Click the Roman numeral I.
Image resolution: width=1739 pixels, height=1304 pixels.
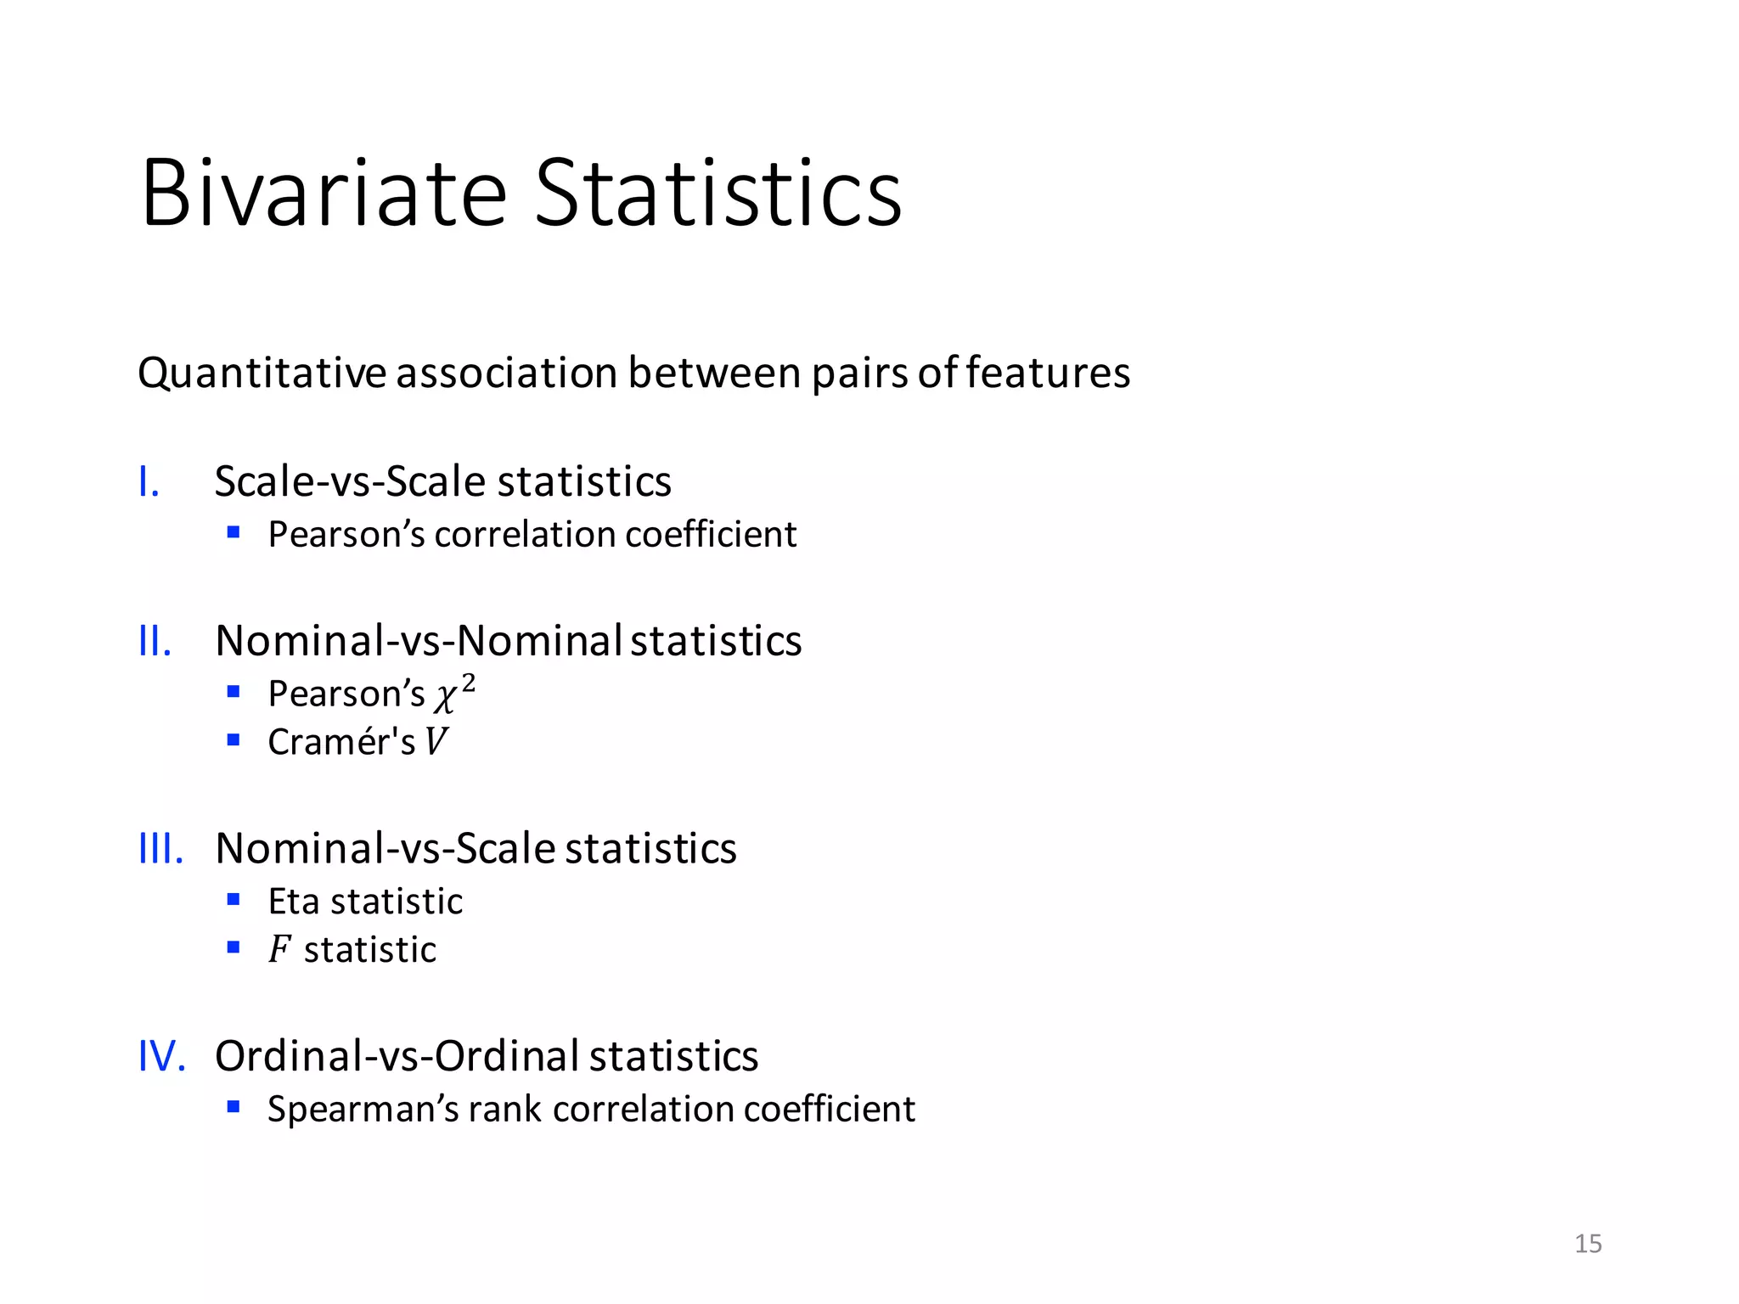click(x=149, y=482)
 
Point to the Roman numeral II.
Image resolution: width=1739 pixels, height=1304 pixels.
click(x=155, y=641)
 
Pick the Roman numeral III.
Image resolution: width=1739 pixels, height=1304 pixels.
click(x=160, y=849)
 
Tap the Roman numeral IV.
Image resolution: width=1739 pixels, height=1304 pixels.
click(x=161, y=1057)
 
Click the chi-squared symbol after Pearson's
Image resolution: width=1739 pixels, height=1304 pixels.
click(x=453, y=694)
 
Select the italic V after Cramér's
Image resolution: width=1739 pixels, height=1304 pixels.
click(x=436, y=742)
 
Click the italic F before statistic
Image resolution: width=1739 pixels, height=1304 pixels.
click(x=279, y=950)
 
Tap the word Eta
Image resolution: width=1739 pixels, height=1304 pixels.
click(x=294, y=902)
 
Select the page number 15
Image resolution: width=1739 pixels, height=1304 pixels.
click(x=1588, y=1244)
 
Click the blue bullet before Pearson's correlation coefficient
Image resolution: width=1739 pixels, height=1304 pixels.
click(x=234, y=533)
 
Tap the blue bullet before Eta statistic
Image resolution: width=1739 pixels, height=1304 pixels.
click(x=234, y=900)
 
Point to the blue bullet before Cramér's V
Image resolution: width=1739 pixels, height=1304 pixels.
click(x=234, y=740)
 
